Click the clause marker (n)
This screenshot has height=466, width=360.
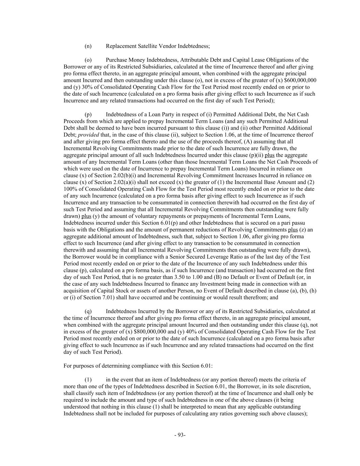tap(88, 46)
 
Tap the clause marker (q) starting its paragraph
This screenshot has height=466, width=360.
tap(88, 311)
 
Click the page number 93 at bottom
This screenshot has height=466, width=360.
tap(180, 435)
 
